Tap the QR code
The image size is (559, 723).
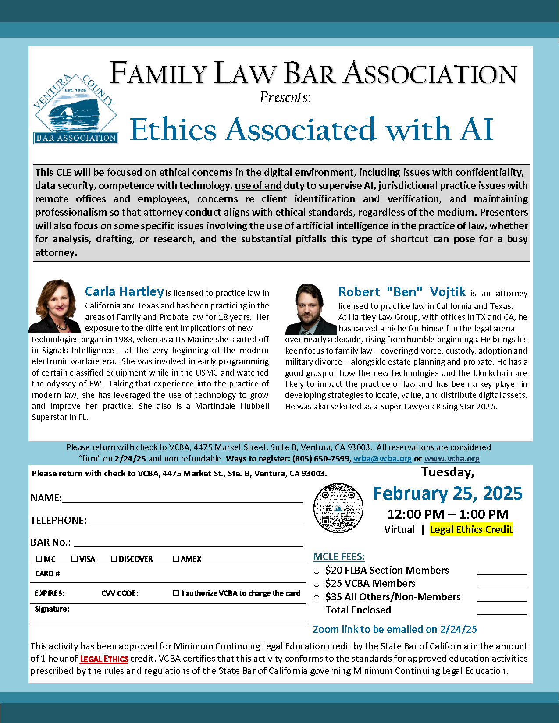click(338, 508)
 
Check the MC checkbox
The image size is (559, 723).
click(39, 559)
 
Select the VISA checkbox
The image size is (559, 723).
click(75, 559)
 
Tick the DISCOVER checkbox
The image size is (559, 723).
click(114, 559)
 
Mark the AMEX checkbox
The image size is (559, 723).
click(176, 559)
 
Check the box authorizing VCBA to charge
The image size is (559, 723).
click(176, 593)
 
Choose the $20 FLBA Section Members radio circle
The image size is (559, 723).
click(317, 571)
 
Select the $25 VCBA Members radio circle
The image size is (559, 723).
click(317, 584)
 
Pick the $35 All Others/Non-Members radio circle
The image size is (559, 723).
click(317, 598)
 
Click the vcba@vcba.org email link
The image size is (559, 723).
click(382, 458)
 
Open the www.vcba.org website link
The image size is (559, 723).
click(452, 458)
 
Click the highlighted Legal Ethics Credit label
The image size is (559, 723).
click(471, 529)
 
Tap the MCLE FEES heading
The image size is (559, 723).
click(338, 556)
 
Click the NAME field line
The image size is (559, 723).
click(182, 498)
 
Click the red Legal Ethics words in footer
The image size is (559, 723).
click(104, 659)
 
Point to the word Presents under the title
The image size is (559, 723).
click(285, 97)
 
